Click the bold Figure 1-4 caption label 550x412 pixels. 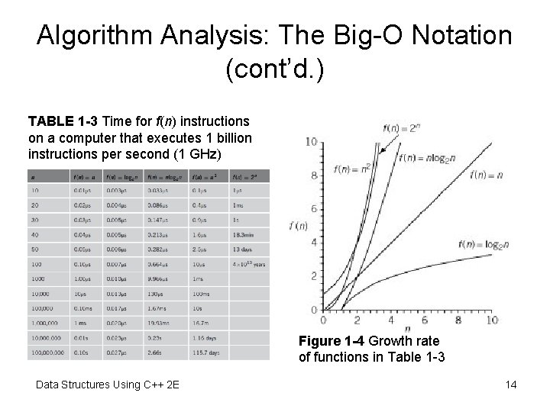tap(335, 340)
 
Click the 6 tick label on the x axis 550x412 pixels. tap(425, 320)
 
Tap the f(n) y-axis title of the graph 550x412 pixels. tap(299, 226)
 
